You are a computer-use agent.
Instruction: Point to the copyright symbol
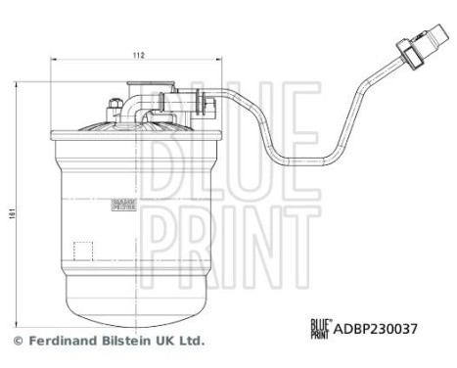18,342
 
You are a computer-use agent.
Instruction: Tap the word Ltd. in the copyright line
190,342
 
